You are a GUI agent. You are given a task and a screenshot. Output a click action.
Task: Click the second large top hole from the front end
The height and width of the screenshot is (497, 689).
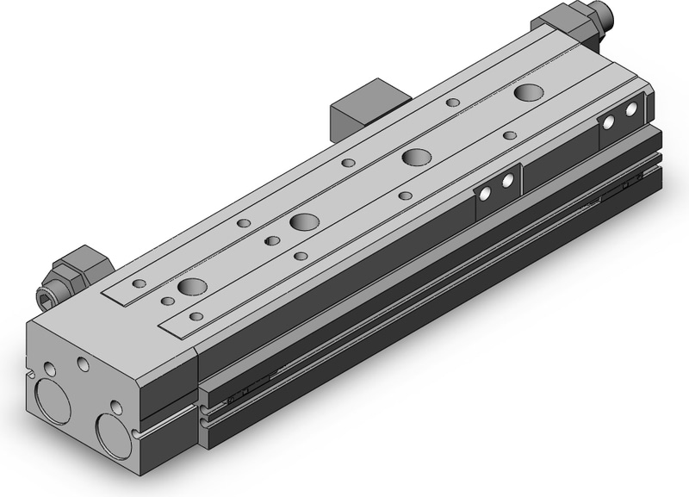[x=302, y=221]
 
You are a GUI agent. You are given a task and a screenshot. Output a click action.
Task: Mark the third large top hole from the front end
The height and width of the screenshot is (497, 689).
[x=415, y=156]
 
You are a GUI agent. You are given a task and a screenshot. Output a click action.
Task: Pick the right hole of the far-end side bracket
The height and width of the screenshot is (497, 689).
[x=632, y=109]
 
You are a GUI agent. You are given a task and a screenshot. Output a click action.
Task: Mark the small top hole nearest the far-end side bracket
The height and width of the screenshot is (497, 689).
[x=509, y=134]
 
